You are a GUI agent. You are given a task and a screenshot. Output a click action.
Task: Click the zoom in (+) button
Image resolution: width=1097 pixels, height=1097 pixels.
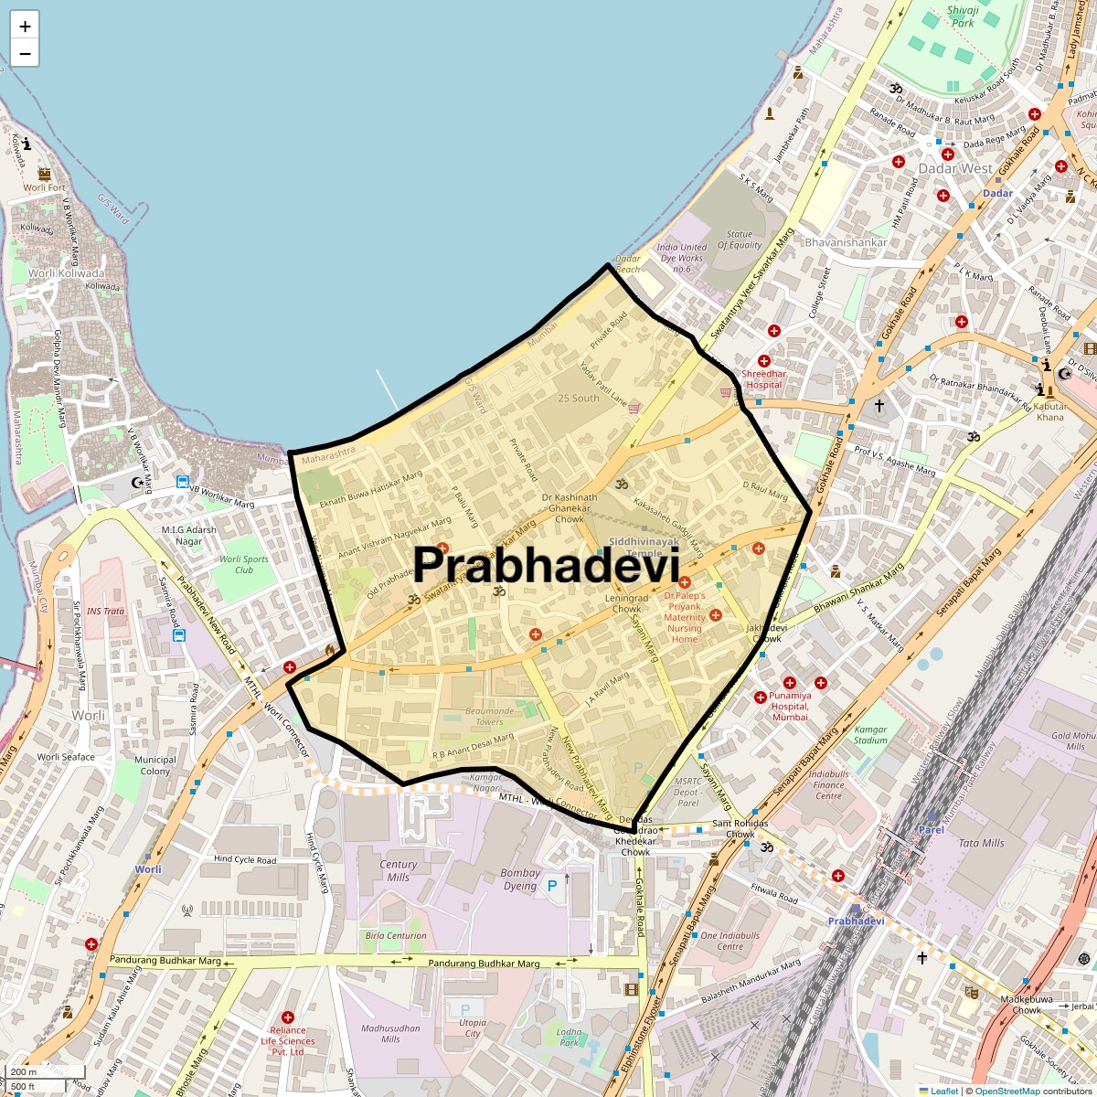click(x=25, y=27)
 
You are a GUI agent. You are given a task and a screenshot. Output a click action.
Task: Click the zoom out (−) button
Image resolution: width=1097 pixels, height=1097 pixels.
click(x=25, y=54)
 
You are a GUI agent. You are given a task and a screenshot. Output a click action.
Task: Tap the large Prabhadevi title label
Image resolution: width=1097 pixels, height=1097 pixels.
click(x=547, y=566)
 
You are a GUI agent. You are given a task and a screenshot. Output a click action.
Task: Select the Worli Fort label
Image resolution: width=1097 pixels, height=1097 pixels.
click(x=45, y=187)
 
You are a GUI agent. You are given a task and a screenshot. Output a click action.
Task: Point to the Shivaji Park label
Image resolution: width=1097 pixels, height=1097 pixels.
click(x=963, y=16)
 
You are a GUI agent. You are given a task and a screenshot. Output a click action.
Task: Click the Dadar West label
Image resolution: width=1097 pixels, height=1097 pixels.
click(x=955, y=168)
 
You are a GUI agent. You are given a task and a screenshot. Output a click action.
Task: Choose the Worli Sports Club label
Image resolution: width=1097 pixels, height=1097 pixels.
click(x=243, y=564)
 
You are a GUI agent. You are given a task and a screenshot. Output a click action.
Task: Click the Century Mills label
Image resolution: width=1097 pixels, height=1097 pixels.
click(x=399, y=870)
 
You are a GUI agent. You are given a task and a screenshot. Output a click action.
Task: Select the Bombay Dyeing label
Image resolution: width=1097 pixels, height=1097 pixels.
click(x=520, y=879)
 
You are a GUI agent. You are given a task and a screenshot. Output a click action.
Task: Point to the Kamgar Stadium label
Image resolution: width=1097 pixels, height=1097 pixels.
click(x=870, y=735)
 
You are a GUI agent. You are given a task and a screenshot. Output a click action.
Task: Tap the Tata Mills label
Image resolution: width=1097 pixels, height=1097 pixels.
click(x=981, y=843)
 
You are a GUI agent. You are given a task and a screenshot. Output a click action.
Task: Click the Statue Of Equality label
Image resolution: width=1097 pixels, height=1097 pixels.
click(x=740, y=240)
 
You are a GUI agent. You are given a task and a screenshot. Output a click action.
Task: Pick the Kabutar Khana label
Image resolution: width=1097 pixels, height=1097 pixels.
click(x=1050, y=411)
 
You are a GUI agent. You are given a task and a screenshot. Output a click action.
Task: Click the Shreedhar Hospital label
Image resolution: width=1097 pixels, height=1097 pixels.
click(x=764, y=378)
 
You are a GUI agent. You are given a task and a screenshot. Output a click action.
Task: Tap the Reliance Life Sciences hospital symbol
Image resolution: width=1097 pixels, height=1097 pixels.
click(x=288, y=1017)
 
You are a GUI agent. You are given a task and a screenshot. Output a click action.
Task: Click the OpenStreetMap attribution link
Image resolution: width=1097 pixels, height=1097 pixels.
click(x=1006, y=1091)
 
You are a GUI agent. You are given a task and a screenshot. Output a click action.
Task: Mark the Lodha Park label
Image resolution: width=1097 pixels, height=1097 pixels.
click(x=569, y=1037)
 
